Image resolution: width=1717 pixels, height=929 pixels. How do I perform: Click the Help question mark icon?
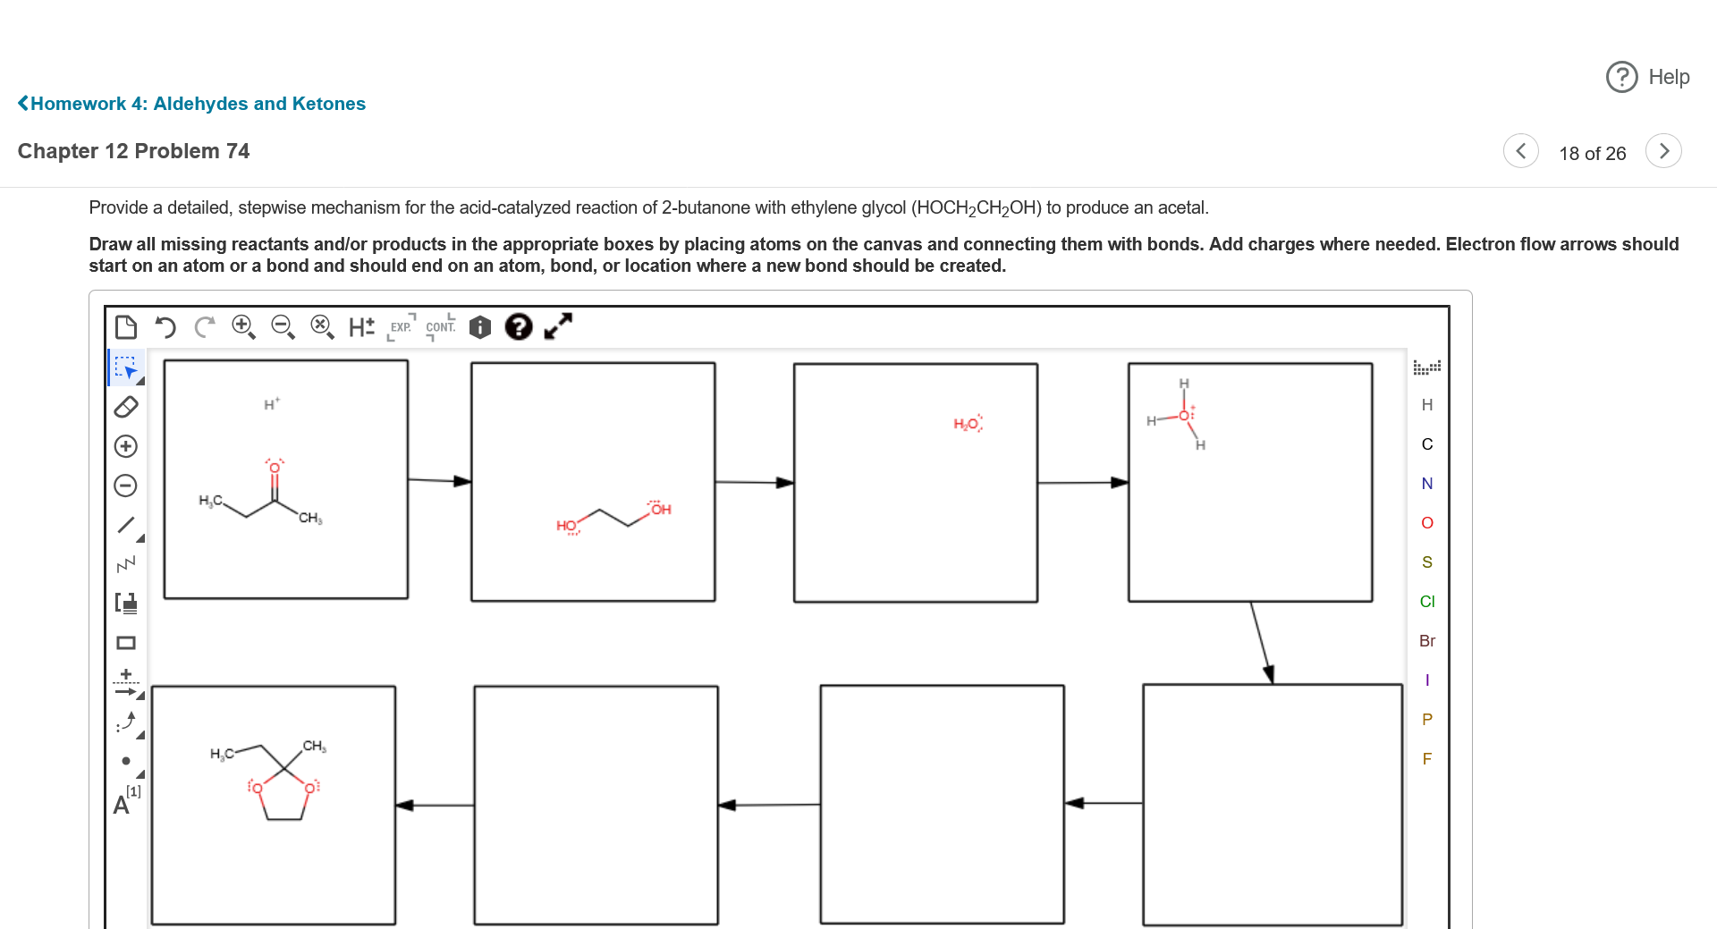pyautogui.click(x=1621, y=77)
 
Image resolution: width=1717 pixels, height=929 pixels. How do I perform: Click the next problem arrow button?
pyautogui.click(x=1663, y=151)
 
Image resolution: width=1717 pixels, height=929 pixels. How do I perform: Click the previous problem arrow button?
pyautogui.click(x=1520, y=151)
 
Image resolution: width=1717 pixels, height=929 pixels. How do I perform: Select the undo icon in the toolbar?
pyautogui.click(x=165, y=327)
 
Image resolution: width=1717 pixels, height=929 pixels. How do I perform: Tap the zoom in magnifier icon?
pyautogui.click(x=243, y=327)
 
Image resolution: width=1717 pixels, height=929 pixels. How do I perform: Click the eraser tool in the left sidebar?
pyautogui.click(x=126, y=407)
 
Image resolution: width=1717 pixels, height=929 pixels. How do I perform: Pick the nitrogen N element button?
pyautogui.click(x=1426, y=484)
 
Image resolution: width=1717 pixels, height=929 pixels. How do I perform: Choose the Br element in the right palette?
pyautogui.click(x=1426, y=641)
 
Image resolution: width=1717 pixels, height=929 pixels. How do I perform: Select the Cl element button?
pyautogui.click(x=1426, y=602)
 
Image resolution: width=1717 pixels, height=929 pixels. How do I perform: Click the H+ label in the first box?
pyautogui.click(x=271, y=405)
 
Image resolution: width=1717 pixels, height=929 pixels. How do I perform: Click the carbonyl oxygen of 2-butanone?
pyautogui.click(x=275, y=468)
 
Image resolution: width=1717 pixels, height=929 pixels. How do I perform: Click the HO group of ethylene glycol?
pyautogui.click(x=567, y=526)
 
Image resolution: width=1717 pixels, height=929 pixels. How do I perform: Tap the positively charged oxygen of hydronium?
pyautogui.click(x=1184, y=416)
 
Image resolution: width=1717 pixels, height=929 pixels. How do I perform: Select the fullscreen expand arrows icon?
pyautogui.click(x=558, y=327)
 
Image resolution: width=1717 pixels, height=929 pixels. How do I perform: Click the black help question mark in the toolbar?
pyautogui.click(x=519, y=327)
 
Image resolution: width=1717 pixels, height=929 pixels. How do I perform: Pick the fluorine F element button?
pyautogui.click(x=1426, y=759)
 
